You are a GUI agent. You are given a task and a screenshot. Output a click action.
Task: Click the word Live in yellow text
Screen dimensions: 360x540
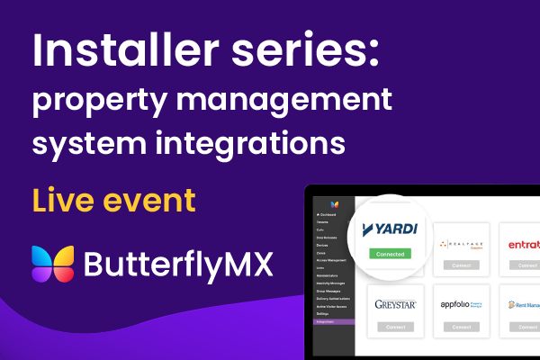63,200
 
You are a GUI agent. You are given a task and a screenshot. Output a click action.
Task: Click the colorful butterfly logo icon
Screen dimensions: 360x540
52,265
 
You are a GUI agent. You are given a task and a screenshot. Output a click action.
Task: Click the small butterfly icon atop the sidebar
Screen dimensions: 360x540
334,205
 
